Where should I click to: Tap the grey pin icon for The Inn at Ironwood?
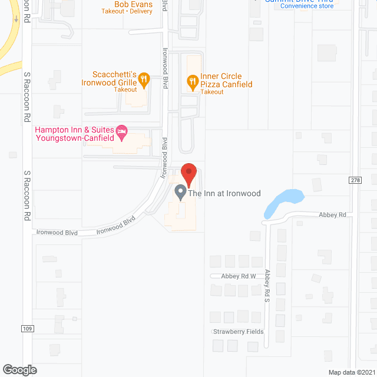(180, 192)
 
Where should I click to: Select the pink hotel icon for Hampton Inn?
(123, 133)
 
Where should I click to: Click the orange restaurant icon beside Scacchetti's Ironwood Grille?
(144, 80)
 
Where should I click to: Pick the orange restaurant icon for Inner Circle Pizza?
(191, 82)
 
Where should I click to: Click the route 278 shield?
(355, 180)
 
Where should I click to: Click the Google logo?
(19, 369)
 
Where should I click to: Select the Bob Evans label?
(133, 5)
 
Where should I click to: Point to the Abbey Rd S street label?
(268, 286)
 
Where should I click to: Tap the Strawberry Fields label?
(238, 332)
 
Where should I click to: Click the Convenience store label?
(307, 6)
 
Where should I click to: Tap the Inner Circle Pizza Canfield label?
(226, 81)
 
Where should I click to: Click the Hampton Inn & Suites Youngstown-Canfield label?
(74, 133)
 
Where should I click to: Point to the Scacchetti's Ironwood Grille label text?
(115, 78)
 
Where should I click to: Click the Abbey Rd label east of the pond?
(333, 215)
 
